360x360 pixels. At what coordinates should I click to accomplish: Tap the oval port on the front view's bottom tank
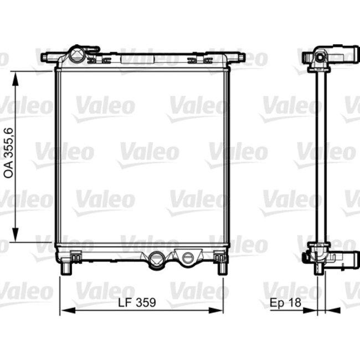click(189, 257)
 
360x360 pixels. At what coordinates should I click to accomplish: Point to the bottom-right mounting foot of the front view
click(222, 268)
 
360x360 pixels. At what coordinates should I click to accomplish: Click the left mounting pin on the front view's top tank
click(45, 56)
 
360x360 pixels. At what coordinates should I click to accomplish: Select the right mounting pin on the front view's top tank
click(241, 56)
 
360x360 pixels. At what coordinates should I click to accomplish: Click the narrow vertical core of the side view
click(318, 161)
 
